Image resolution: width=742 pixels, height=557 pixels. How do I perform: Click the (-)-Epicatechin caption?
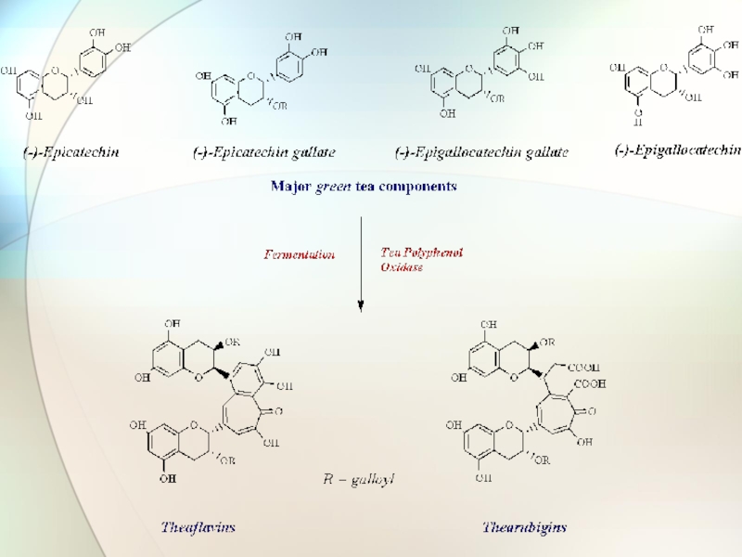71,150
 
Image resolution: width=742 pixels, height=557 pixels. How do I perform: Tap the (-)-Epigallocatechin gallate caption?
481,151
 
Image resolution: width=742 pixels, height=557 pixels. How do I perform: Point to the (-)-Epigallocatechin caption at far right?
678,149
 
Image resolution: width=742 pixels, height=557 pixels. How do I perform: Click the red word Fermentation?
300,253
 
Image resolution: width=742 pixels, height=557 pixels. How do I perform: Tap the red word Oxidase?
402,266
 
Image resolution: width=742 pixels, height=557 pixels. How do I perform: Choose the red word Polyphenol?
432,252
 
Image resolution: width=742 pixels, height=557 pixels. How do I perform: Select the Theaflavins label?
198,527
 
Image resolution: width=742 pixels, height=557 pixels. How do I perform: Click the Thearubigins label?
524,527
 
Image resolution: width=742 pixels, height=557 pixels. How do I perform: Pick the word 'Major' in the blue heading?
290,187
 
